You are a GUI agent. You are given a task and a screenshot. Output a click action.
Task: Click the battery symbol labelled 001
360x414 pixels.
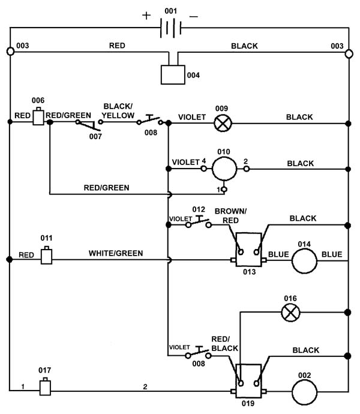[171, 28]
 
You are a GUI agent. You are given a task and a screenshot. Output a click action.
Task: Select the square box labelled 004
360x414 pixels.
[173, 75]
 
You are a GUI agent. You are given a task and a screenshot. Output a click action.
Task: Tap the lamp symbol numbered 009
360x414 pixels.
[223, 124]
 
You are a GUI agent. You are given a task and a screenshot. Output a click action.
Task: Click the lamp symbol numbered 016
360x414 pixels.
[290, 313]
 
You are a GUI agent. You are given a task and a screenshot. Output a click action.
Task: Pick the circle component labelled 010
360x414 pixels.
[224, 169]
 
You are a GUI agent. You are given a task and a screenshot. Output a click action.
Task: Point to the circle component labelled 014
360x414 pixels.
[304, 261]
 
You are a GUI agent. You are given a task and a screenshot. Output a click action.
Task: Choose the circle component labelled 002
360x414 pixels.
[304, 392]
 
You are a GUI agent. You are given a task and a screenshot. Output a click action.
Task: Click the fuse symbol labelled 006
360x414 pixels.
[38, 116]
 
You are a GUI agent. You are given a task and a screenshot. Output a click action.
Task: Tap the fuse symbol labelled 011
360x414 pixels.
[46, 255]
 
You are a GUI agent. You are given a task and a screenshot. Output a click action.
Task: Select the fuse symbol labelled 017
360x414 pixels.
[45, 386]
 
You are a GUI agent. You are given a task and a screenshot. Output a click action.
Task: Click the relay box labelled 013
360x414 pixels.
[248, 250]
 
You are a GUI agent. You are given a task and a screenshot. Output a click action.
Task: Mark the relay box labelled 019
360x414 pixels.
[248, 381]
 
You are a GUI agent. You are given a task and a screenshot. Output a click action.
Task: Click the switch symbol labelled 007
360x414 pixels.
[89, 125]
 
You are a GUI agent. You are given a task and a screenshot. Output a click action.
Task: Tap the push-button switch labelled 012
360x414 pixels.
[199, 221]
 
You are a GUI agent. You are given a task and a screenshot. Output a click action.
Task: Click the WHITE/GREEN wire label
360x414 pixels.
[116, 253]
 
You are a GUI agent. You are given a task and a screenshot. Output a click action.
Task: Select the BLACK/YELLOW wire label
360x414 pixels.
[118, 111]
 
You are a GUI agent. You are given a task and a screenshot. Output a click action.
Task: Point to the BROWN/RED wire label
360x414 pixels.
[230, 216]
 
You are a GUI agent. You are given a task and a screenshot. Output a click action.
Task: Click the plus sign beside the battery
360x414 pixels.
[146, 16]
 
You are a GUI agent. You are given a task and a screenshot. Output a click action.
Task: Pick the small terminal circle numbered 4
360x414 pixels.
[203, 168]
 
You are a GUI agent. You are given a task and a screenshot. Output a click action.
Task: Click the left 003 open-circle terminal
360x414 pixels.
[10, 51]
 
